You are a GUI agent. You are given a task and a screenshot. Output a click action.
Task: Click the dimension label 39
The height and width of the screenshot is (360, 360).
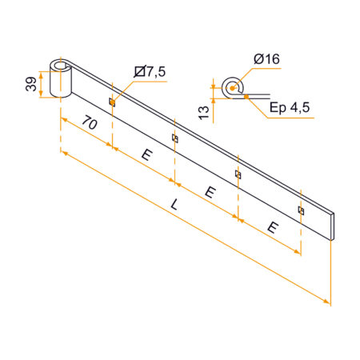tap(30, 84)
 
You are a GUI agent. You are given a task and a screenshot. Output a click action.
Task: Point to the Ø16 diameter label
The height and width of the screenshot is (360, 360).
tap(266, 58)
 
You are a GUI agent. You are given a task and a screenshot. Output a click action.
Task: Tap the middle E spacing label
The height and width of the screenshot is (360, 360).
tap(210, 191)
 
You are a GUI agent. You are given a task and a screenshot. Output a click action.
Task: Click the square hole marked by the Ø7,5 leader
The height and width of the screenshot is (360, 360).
tap(112, 102)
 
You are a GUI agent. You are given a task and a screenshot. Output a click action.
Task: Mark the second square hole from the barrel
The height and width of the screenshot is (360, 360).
tap(174, 138)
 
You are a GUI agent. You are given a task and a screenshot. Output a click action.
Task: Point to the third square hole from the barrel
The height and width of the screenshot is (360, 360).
tap(238, 174)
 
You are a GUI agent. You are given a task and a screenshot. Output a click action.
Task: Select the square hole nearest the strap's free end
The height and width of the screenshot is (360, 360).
tap(300, 210)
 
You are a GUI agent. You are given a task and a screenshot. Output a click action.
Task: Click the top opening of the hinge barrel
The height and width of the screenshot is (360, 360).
tap(61, 62)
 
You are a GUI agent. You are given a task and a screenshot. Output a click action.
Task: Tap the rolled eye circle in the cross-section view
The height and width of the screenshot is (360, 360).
tap(234, 86)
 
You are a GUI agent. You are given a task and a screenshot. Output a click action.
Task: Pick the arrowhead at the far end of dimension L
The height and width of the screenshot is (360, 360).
tap(327, 302)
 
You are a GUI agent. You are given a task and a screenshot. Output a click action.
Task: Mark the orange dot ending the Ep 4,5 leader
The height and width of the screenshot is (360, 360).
tap(246, 96)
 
